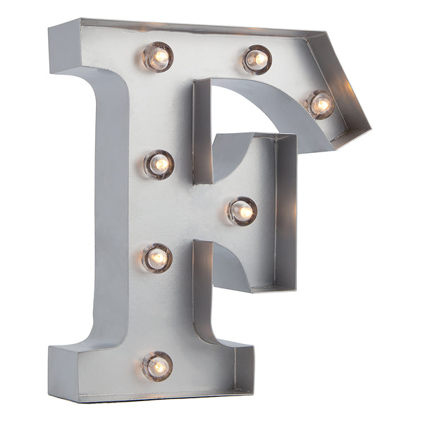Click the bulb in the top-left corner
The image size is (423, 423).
pyautogui.click(x=158, y=56)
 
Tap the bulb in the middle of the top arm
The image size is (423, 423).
pyautogui.click(x=257, y=59)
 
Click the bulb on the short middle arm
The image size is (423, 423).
pyautogui.click(x=242, y=211)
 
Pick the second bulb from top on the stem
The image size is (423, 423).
pyautogui.click(x=159, y=164)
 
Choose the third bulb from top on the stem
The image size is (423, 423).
pyautogui.click(x=157, y=257)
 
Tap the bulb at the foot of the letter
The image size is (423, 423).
pyautogui.click(x=157, y=366)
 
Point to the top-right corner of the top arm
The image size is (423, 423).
pyautogui.click(x=325, y=32)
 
